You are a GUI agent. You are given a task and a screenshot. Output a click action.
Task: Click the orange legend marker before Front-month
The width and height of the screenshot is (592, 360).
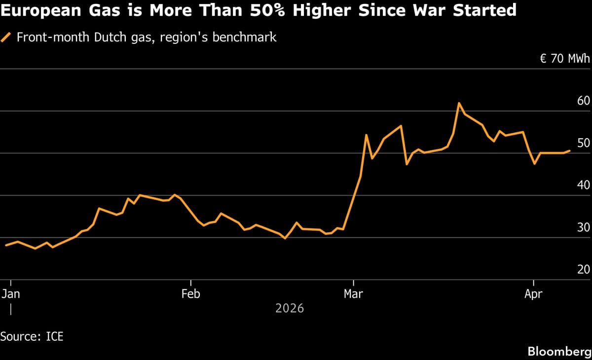(6, 37)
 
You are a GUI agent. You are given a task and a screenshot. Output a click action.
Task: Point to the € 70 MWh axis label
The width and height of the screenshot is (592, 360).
(565, 59)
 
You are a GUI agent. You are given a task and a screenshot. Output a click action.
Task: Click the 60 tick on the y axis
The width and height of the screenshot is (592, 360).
(583, 101)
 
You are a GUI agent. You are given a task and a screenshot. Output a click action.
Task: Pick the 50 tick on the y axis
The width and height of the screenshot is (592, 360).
(583, 143)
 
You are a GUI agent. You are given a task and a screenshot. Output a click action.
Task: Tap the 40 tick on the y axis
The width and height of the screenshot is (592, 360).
(583, 185)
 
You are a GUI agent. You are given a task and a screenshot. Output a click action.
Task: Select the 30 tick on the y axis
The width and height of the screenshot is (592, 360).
(583, 227)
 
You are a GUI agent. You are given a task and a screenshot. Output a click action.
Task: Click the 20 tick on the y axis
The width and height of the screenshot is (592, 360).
(583, 270)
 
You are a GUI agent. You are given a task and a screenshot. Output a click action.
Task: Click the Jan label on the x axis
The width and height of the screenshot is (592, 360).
(10, 294)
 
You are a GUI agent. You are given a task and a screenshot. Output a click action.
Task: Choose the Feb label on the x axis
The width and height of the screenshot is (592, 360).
(190, 294)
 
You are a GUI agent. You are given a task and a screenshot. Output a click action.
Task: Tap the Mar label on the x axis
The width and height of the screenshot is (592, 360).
(353, 294)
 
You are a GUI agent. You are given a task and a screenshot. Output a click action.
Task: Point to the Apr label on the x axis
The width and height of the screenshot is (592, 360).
(533, 294)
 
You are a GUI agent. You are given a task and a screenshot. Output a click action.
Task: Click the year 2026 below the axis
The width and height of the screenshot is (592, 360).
(290, 309)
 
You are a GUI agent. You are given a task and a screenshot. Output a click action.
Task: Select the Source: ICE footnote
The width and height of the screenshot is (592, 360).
(32, 337)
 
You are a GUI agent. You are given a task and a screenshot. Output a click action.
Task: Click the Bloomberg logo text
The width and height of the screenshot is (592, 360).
(559, 352)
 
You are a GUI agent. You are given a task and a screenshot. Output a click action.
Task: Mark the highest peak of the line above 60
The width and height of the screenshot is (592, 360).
(459, 103)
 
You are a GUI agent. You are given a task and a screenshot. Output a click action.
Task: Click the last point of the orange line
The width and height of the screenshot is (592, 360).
(570, 151)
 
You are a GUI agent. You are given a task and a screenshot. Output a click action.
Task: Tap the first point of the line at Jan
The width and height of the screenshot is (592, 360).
(5, 245)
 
